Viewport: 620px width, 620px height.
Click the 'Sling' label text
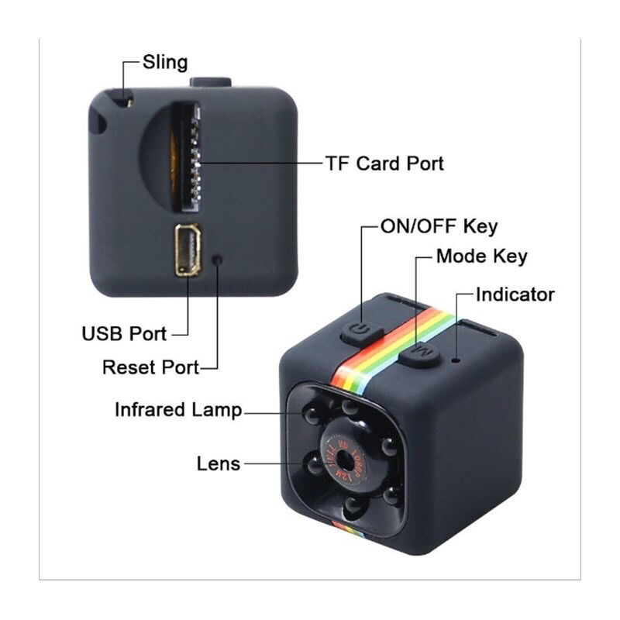tap(165, 62)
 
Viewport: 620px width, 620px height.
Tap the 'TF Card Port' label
tap(384, 164)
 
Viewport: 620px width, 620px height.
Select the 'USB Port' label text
tap(124, 334)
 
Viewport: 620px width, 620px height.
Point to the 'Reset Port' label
tap(150, 367)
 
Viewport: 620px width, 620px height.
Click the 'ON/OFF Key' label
tap(439, 227)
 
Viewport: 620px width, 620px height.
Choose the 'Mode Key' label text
tap(481, 257)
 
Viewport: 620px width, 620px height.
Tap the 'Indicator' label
tap(515, 294)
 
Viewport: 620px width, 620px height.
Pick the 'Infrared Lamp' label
tap(178, 409)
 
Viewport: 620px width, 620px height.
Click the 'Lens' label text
tap(219, 463)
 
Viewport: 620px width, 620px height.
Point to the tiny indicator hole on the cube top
tap(456, 359)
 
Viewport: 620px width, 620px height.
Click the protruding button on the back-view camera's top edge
tap(210, 81)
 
